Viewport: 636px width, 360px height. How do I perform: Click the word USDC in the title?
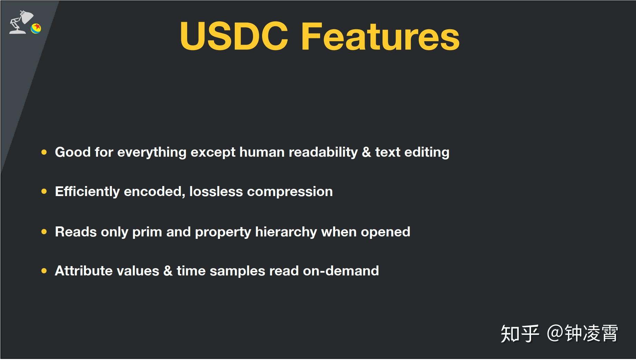[x=234, y=36]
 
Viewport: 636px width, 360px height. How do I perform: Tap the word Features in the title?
[x=380, y=36]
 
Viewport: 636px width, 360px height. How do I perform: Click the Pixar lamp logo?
[x=21, y=22]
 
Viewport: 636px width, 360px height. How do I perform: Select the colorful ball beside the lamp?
[x=36, y=28]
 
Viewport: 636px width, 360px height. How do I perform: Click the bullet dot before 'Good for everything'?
[x=44, y=152]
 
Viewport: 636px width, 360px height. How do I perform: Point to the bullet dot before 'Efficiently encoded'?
[x=44, y=191]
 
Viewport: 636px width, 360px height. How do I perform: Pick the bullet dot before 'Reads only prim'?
[x=44, y=232]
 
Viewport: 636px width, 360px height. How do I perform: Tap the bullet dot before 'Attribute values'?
[x=44, y=271]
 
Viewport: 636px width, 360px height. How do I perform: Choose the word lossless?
[x=216, y=192]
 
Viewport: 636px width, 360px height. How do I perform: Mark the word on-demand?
[x=341, y=271]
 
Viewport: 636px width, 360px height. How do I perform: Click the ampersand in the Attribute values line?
[x=168, y=271]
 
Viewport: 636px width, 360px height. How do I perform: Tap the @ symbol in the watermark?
[x=555, y=333]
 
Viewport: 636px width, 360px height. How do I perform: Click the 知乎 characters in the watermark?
[x=520, y=333]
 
